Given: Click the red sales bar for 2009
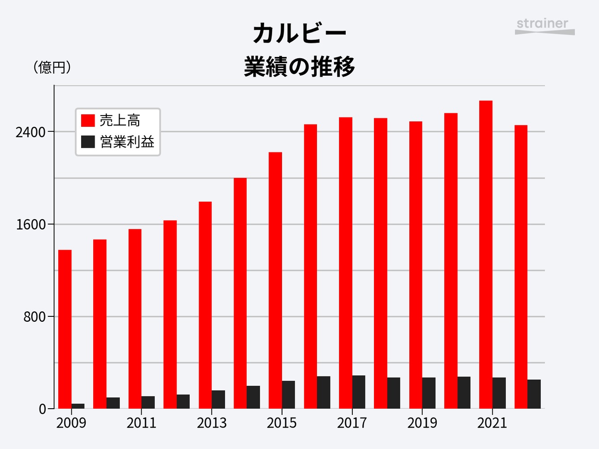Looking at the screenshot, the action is [x=65, y=329].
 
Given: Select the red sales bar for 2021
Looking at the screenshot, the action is [x=486, y=255].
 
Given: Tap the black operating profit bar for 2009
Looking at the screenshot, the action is [x=78, y=406].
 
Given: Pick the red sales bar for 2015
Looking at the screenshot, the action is [x=275, y=280].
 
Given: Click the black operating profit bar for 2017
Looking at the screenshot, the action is [x=359, y=392].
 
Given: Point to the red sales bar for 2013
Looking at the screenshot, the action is [x=205, y=305].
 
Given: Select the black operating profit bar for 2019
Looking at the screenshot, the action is [x=429, y=393].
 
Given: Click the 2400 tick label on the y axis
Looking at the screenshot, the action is [x=30, y=133].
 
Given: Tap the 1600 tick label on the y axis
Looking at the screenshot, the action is [x=30, y=225].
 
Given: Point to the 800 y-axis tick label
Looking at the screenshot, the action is [x=35, y=317].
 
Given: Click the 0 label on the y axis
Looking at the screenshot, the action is [x=42, y=409].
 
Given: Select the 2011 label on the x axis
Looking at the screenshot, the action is [x=141, y=423].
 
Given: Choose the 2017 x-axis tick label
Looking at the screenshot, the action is [x=352, y=423].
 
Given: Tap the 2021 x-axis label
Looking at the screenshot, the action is [x=492, y=423].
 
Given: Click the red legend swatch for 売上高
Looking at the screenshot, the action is [x=88, y=120].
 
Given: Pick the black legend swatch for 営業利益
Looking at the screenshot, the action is [x=88, y=142].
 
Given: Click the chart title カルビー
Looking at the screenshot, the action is [x=299, y=33].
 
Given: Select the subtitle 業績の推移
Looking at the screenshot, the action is [x=299, y=66].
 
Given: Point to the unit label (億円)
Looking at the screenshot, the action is [x=52, y=67].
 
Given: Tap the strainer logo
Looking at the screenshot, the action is [x=545, y=27].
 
